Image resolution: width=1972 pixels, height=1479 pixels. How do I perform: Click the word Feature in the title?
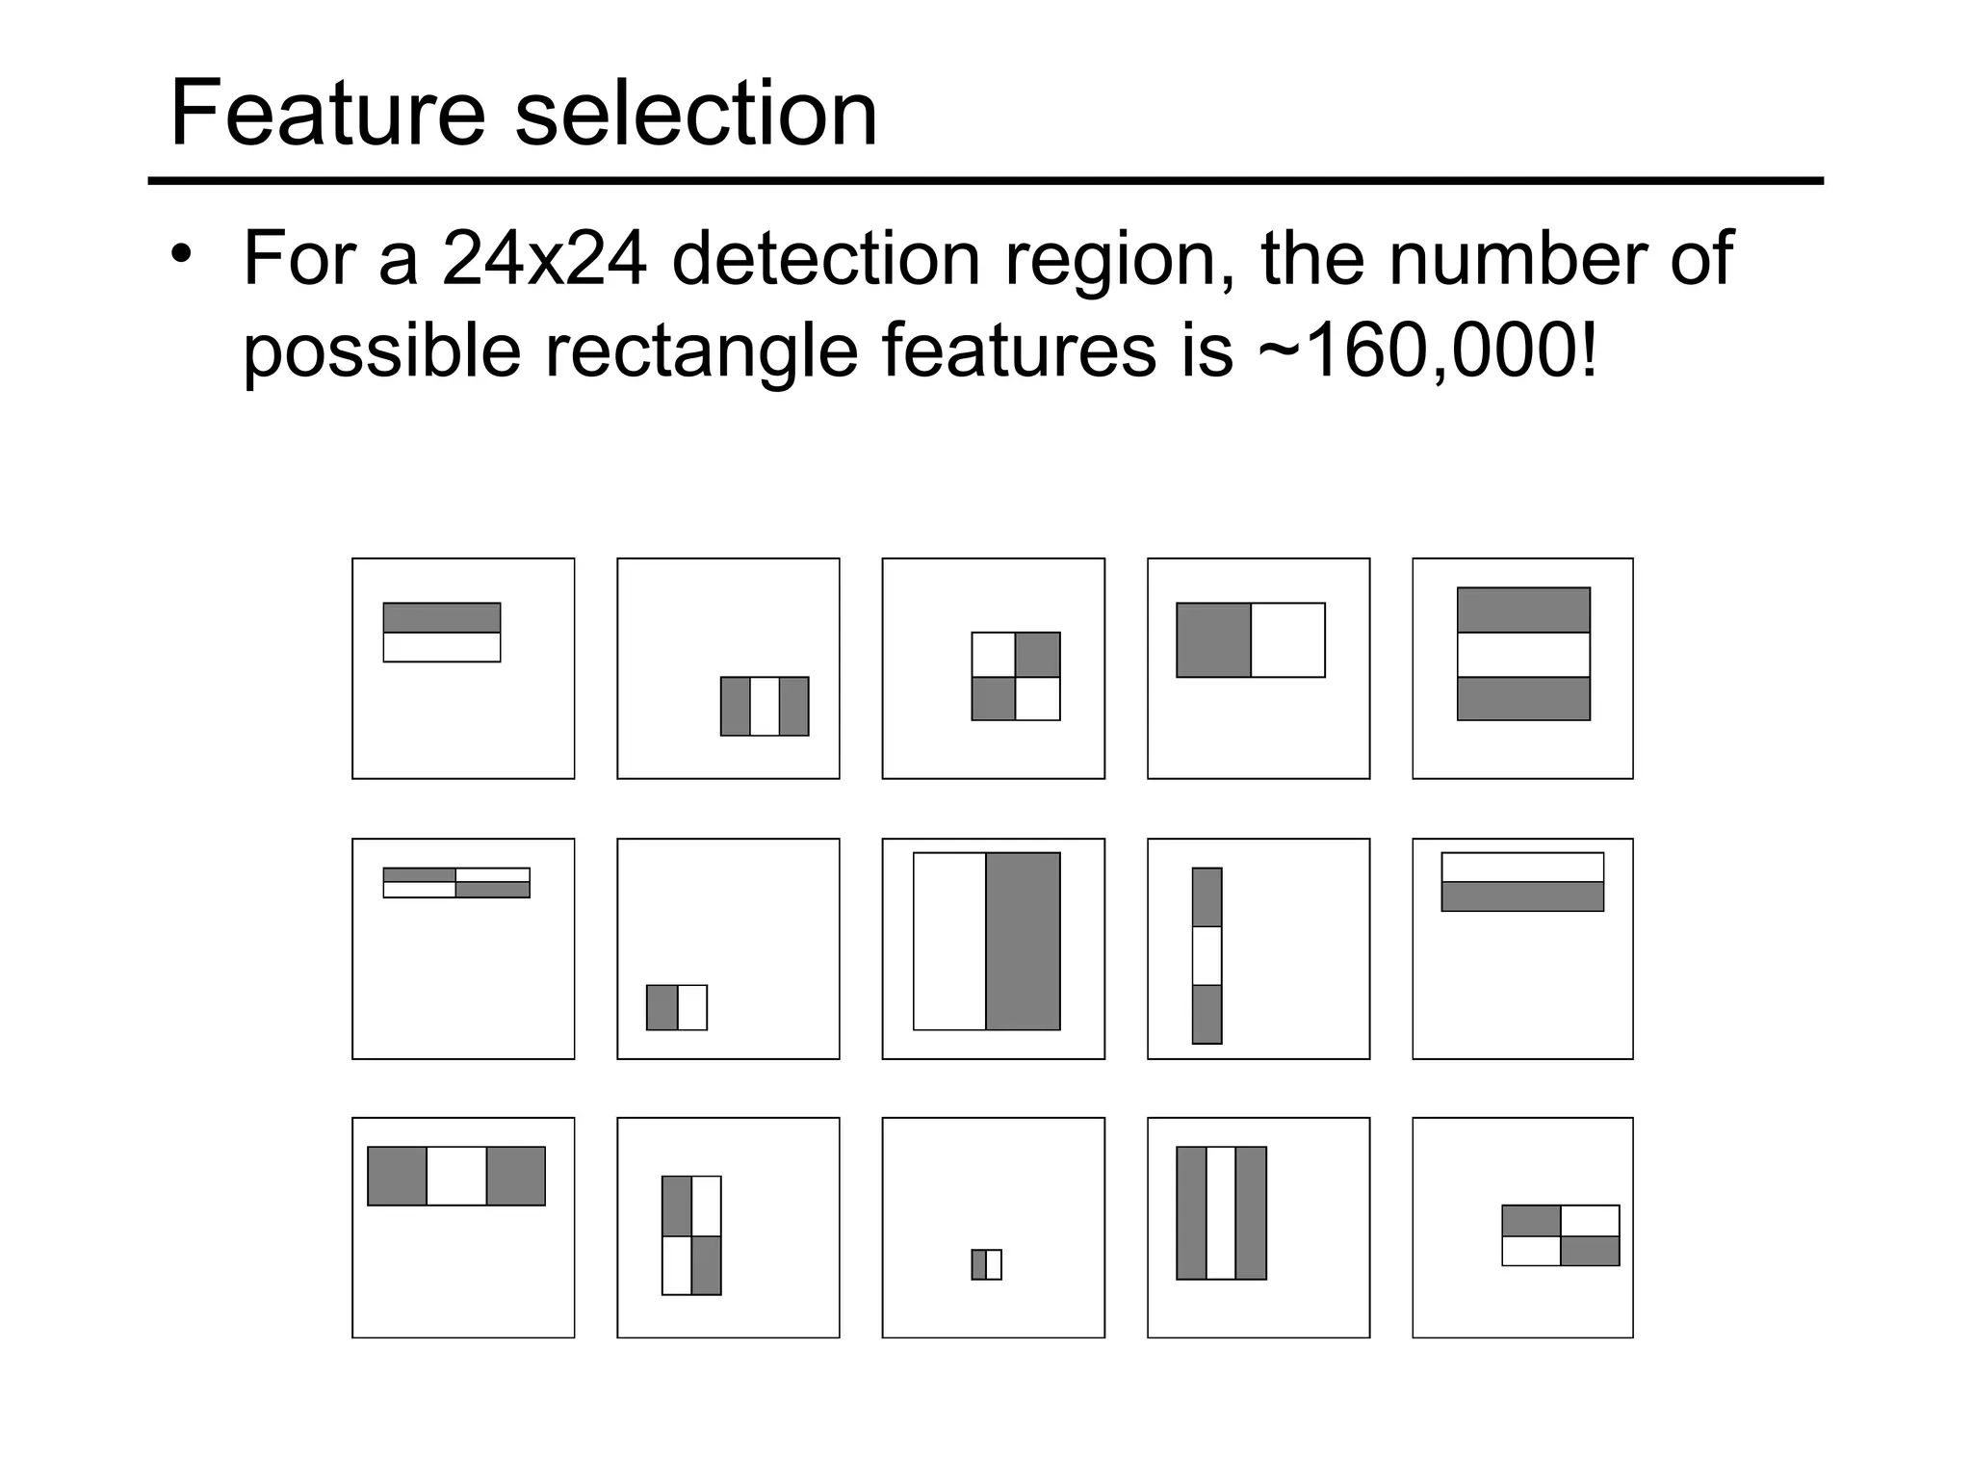pyautogui.click(x=326, y=114)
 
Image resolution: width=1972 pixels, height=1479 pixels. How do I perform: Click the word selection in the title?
pyautogui.click(x=695, y=114)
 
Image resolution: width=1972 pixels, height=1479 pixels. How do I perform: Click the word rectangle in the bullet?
pyautogui.click(x=701, y=350)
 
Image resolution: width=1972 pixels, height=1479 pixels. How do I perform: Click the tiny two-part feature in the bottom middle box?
pyautogui.click(x=986, y=1264)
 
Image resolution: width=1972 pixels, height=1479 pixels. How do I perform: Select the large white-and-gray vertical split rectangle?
pyautogui.click(x=986, y=941)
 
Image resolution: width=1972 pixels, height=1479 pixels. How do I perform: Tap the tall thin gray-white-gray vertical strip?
pyautogui.click(x=1207, y=955)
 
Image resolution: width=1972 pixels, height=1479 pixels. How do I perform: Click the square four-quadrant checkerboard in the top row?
pyautogui.click(x=1016, y=676)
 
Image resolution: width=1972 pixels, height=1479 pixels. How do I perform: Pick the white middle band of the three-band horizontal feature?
pyautogui.click(x=1523, y=655)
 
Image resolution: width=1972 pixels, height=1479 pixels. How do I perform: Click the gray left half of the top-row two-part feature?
pyautogui.click(x=1213, y=640)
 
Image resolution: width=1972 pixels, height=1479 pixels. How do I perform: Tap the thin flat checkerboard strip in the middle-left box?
pyautogui.click(x=456, y=883)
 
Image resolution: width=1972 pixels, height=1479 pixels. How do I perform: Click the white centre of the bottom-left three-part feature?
pyautogui.click(x=456, y=1176)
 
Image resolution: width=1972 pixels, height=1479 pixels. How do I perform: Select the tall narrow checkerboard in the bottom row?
pyautogui.click(x=691, y=1235)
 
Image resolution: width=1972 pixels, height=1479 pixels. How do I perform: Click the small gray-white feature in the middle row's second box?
pyautogui.click(x=677, y=1007)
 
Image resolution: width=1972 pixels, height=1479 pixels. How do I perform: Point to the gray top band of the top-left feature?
pyautogui.click(x=442, y=617)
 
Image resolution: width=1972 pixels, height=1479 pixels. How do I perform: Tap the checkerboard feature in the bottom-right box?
pyautogui.click(x=1561, y=1235)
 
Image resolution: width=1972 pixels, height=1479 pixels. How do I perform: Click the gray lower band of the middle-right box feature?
pyautogui.click(x=1522, y=896)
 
